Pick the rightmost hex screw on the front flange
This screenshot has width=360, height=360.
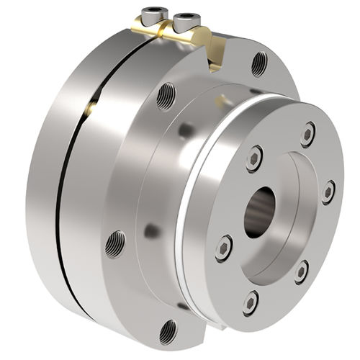coord(328,192)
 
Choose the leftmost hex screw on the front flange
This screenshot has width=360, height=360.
coord(224,248)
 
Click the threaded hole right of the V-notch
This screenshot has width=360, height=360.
coord(259,64)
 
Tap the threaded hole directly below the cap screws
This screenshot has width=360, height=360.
coord(166,94)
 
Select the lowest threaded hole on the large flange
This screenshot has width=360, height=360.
coord(168,330)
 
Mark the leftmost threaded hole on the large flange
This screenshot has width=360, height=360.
coord(114,244)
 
